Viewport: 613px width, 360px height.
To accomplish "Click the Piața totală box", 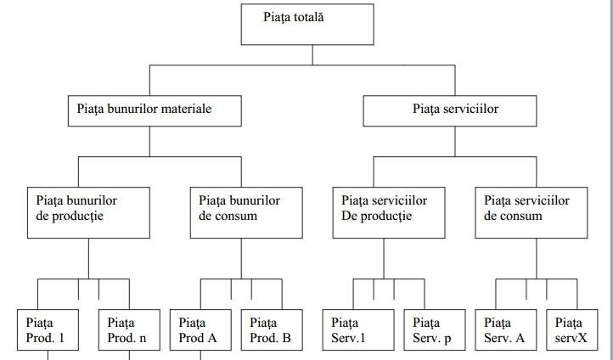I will [307, 24].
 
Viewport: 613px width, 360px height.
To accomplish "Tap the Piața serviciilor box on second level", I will [450, 110].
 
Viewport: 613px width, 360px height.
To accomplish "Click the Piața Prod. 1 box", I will [48, 331].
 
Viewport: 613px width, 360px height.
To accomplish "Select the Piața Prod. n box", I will [129, 331].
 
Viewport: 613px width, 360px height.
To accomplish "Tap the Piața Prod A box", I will [201, 331].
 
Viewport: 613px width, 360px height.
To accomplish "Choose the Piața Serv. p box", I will [435, 331].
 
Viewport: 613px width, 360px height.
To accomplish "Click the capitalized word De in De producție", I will [350, 216].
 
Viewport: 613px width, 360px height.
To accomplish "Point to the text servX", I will [569, 337].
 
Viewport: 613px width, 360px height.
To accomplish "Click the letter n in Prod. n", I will [143, 337].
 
